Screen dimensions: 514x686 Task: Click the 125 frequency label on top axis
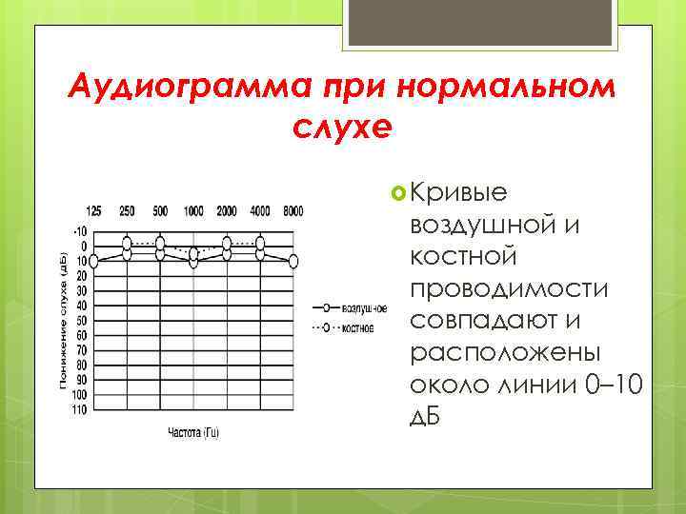point(94,211)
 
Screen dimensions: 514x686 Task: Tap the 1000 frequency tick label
point(193,211)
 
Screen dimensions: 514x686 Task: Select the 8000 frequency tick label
point(293,211)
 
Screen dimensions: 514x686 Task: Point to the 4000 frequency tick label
point(259,211)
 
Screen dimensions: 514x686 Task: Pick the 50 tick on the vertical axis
point(81,321)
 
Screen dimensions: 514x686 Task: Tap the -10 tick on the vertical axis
point(79,231)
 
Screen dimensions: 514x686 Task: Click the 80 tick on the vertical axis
point(81,366)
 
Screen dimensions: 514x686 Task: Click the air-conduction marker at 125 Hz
point(94,259)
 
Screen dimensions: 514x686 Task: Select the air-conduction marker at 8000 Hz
point(293,260)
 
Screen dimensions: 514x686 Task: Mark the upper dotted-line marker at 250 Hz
point(128,241)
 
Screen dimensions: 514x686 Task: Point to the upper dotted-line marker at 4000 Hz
point(260,241)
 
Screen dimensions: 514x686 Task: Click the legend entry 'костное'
point(358,327)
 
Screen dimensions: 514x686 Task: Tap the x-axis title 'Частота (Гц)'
point(193,433)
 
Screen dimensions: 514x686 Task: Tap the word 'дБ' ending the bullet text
point(426,420)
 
